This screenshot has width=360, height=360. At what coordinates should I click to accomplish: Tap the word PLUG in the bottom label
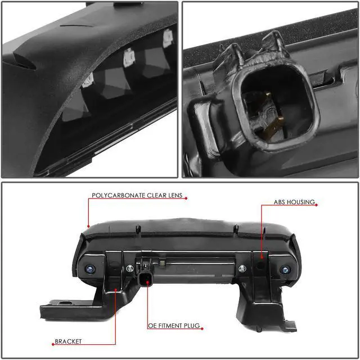(x=193, y=326)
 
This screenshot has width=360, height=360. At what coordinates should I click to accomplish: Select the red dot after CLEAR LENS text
(x=186, y=197)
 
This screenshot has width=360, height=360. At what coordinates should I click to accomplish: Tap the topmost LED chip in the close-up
(x=167, y=37)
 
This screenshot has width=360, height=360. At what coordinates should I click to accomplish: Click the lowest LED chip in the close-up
(x=87, y=80)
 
